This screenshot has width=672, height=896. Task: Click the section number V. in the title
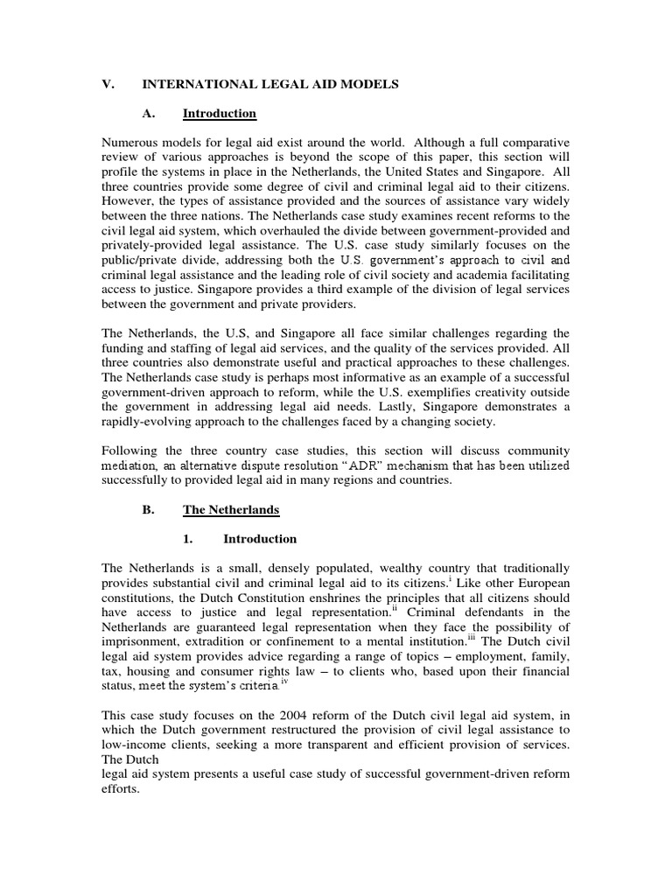coord(109,84)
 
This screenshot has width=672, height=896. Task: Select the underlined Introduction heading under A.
coord(219,114)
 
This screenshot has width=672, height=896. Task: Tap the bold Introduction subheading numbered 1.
coord(260,539)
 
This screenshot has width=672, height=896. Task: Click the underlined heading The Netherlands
coord(230,509)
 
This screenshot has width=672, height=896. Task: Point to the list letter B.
coord(147,509)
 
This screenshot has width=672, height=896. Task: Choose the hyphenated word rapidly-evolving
coord(152,421)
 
